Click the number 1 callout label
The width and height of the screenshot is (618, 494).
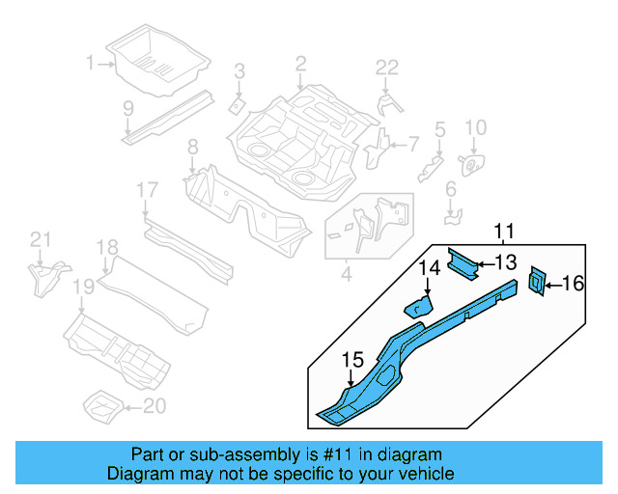click(x=90, y=64)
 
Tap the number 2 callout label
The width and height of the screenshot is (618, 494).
click(x=300, y=64)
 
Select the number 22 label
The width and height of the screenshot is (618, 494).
click(x=386, y=67)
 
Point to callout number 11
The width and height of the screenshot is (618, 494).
click(x=504, y=231)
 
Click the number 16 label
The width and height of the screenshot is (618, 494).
click(x=574, y=283)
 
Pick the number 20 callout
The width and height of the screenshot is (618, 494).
click(x=154, y=406)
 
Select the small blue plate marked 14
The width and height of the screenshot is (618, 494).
click(x=418, y=307)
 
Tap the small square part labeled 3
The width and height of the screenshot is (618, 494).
click(x=234, y=102)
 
